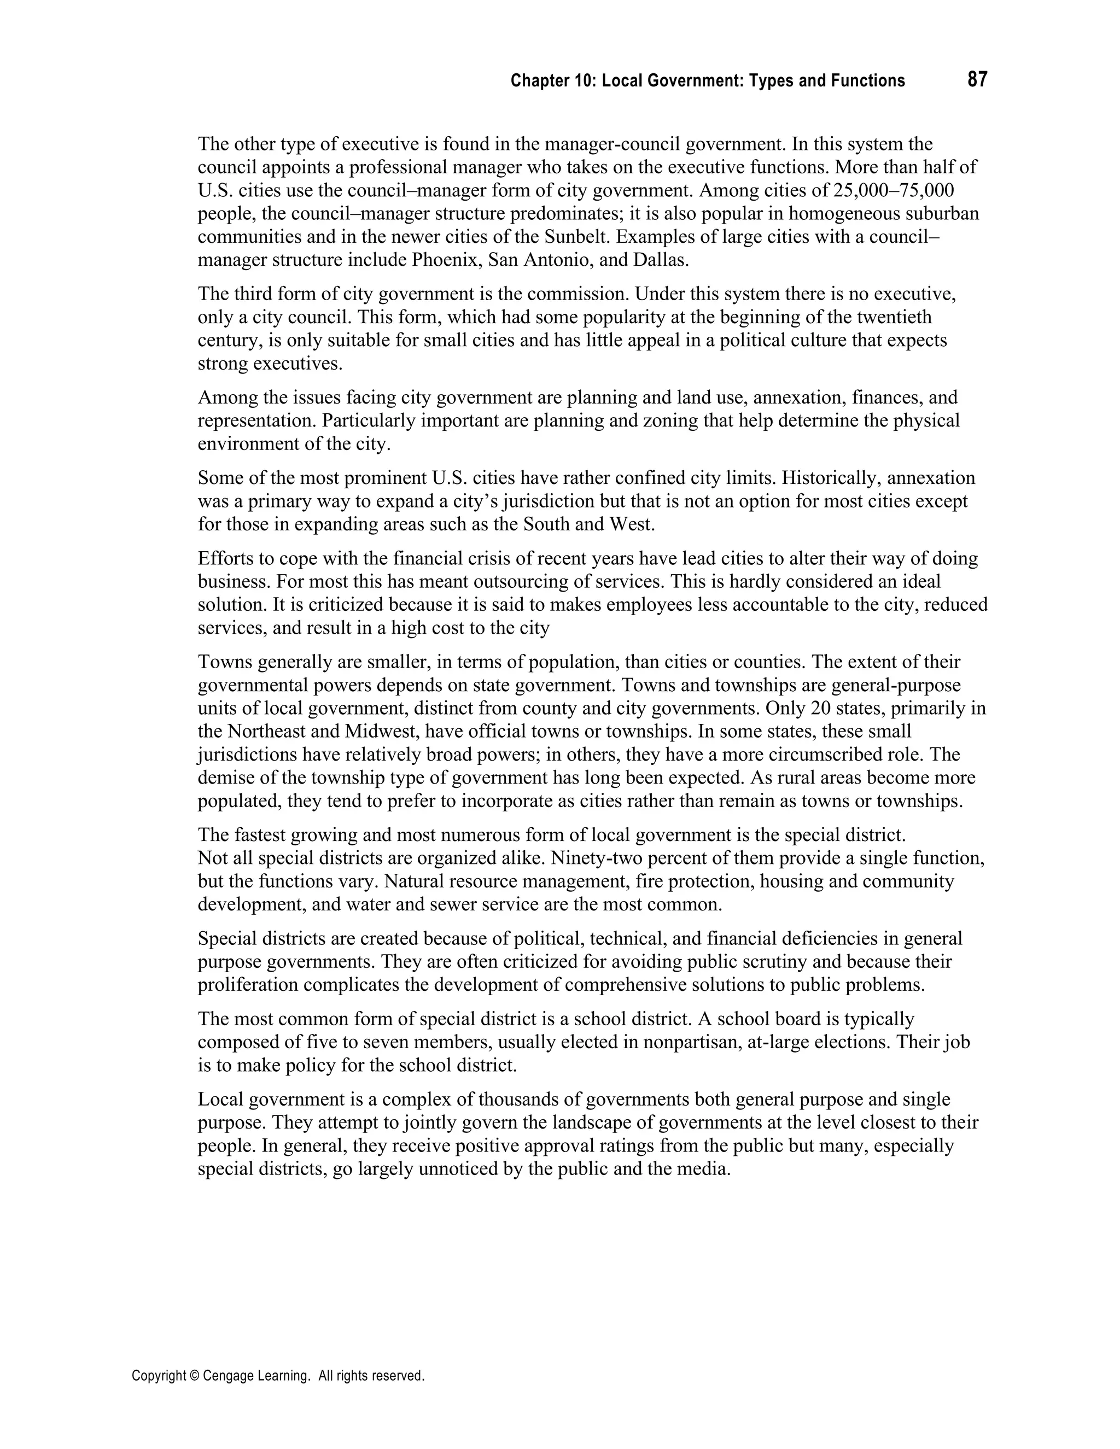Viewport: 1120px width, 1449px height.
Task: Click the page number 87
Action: (x=977, y=80)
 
